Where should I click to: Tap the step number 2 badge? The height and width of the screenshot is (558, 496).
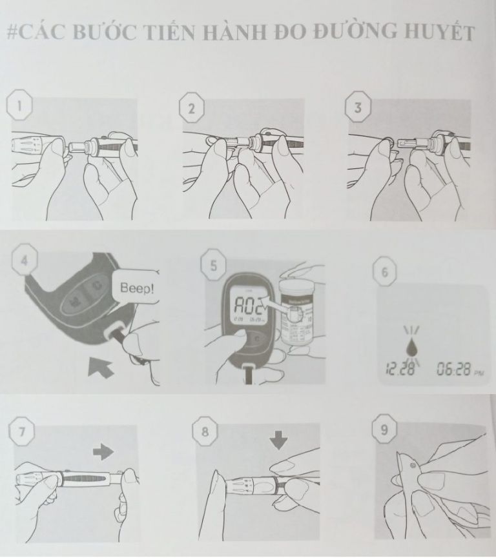coord(191,109)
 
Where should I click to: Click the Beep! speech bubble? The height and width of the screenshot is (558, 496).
coord(135,287)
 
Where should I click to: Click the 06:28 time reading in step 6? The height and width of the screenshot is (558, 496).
coord(453,369)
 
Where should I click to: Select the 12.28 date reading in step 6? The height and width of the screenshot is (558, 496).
coord(398,370)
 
